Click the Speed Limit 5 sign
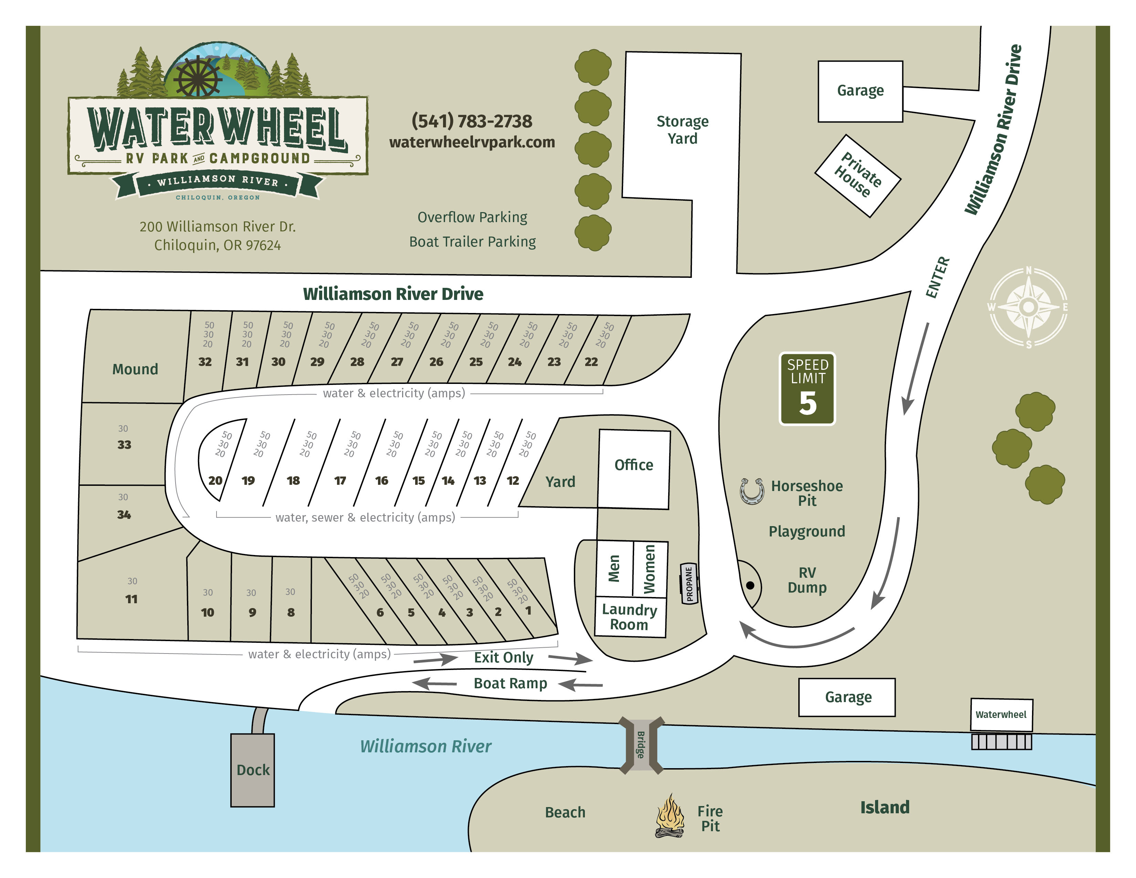(x=807, y=389)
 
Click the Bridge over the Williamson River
(x=641, y=745)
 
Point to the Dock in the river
(x=253, y=770)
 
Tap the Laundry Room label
(x=629, y=617)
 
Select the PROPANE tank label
(x=689, y=584)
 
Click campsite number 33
(x=124, y=445)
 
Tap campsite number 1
(x=528, y=611)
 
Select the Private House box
(x=857, y=176)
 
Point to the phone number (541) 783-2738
(x=472, y=121)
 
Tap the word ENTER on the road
(x=938, y=277)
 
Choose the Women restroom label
(x=650, y=569)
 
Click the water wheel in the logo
(x=198, y=77)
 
